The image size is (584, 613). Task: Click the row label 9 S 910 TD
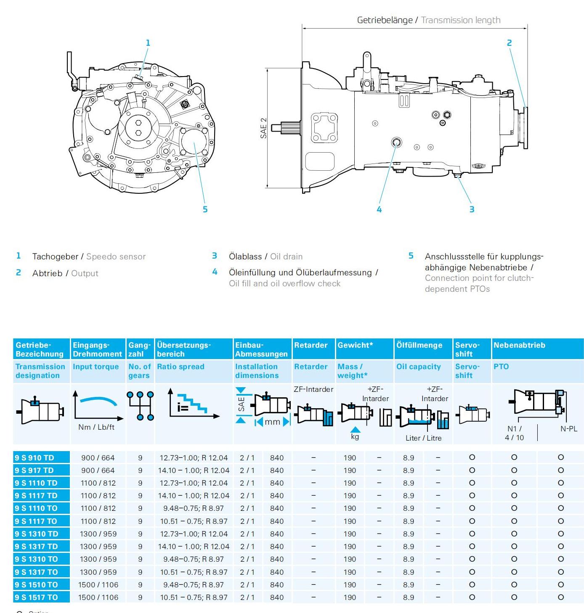click(35, 458)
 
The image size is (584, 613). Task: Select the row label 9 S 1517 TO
click(36, 597)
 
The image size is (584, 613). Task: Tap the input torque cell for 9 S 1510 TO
click(98, 585)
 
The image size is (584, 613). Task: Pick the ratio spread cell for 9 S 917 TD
click(194, 470)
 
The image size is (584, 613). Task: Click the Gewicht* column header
click(355, 345)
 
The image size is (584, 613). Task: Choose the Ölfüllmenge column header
click(419, 345)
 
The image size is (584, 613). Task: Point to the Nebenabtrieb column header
click(519, 345)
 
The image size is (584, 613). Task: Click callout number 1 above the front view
click(148, 43)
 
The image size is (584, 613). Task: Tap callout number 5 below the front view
click(205, 209)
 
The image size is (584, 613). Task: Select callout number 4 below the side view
click(379, 209)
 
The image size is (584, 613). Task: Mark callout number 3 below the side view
click(472, 209)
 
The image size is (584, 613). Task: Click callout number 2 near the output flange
click(509, 43)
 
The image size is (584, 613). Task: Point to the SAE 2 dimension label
click(264, 128)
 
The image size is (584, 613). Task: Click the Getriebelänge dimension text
click(428, 20)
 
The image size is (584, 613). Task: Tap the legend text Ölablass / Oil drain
click(265, 256)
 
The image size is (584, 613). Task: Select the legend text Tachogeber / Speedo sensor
click(89, 256)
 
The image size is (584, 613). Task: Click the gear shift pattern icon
click(140, 406)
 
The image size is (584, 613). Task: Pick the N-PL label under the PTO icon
click(568, 429)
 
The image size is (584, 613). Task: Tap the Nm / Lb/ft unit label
click(96, 427)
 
